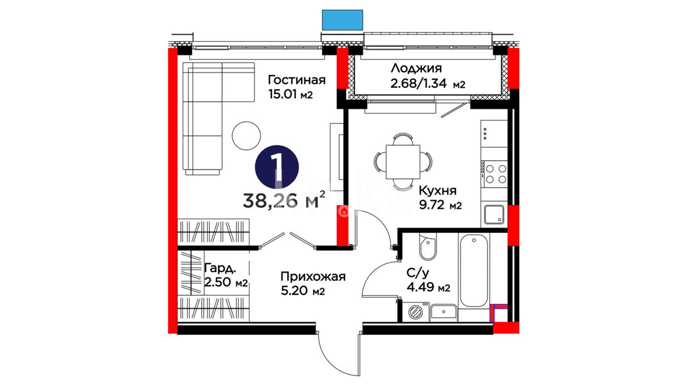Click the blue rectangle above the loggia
(342, 20)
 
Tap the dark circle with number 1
(277, 167)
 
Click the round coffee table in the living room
(246, 136)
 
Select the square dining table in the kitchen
(403, 162)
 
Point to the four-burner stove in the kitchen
(494, 174)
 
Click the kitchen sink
(494, 214)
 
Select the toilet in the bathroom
(428, 247)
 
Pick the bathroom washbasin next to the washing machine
(444, 312)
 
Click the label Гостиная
(297, 80)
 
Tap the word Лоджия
(416, 68)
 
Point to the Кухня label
(438, 190)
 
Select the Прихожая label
(313, 277)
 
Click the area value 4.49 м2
(428, 287)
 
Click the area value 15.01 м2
(291, 94)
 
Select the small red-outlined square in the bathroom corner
(498, 313)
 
